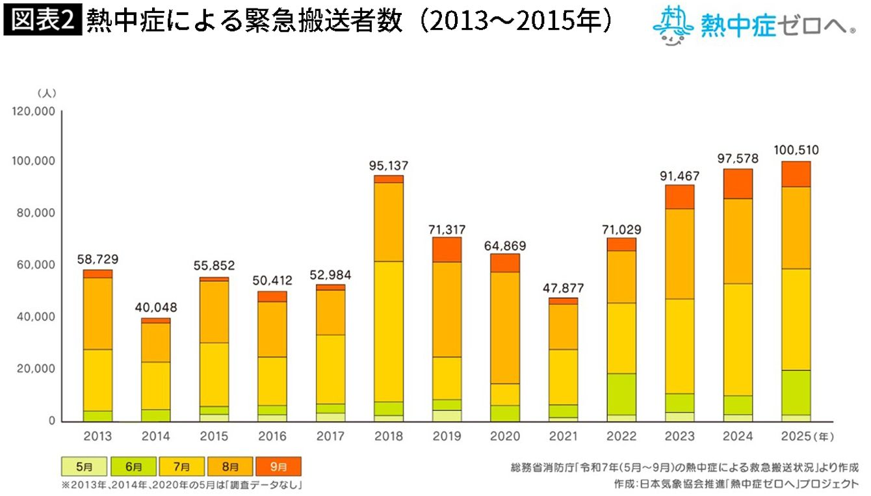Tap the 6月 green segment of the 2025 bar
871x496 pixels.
pyautogui.click(x=795, y=392)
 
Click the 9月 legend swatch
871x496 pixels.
pyautogui.click(x=279, y=467)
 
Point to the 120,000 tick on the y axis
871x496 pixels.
pyautogui.click(x=33, y=112)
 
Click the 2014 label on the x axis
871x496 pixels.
pyautogui.click(x=157, y=436)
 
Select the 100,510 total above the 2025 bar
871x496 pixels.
pyautogui.click(x=796, y=150)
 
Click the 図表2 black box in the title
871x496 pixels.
pyautogui.click(x=42, y=20)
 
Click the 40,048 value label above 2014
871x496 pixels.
pyautogui.click(x=156, y=307)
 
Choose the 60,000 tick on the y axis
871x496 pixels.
pyautogui.click(x=36, y=265)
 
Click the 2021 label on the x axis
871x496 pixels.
pyautogui.click(x=563, y=436)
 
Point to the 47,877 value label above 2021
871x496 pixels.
pyautogui.click(x=563, y=287)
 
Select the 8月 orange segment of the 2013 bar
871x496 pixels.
pyautogui.click(x=97, y=313)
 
